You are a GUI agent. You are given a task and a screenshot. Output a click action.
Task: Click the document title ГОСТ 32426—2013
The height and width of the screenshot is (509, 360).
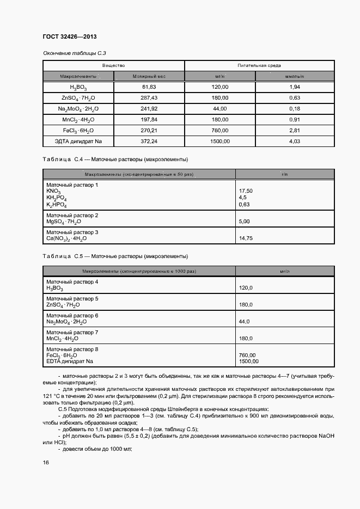(70, 37)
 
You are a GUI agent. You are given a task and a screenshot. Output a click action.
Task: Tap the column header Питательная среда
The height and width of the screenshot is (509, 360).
(259, 65)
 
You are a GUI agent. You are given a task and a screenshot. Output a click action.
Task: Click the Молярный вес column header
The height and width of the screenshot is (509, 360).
(149, 77)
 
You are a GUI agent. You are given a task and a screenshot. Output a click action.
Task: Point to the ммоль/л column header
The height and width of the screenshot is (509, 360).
(295, 77)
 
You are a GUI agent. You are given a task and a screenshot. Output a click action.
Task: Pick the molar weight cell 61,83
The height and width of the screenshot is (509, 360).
(149, 87)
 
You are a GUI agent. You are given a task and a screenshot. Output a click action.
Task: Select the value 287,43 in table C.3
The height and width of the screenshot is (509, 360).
(149, 98)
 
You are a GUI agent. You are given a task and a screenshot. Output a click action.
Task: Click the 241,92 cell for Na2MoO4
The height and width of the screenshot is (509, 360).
(149, 109)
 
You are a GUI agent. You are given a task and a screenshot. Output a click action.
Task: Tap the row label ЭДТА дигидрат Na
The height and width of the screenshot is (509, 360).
(78, 142)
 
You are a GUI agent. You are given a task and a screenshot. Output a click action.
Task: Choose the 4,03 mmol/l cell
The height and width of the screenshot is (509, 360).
(295, 142)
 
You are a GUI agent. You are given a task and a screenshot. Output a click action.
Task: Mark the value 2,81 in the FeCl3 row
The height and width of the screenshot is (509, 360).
(295, 131)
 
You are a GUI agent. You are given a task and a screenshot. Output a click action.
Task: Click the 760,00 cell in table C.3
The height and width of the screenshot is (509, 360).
(220, 131)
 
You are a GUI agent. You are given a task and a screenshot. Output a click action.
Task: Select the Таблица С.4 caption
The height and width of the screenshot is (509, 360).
(115, 160)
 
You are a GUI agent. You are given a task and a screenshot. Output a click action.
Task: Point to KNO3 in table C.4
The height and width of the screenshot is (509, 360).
(53, 192)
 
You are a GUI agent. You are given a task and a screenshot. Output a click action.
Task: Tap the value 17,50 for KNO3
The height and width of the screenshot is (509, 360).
(246, 192)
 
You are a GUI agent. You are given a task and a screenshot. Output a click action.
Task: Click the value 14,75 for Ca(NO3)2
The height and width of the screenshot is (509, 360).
(246, 238)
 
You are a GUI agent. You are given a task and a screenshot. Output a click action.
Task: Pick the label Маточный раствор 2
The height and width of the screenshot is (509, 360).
(72, 216)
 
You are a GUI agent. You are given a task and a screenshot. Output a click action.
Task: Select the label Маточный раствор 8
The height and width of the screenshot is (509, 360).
(72, 349)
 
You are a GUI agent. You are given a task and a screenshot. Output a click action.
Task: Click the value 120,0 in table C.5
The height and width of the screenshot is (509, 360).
(246, 288)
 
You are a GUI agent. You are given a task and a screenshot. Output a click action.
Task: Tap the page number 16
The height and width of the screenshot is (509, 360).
(46, 463)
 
